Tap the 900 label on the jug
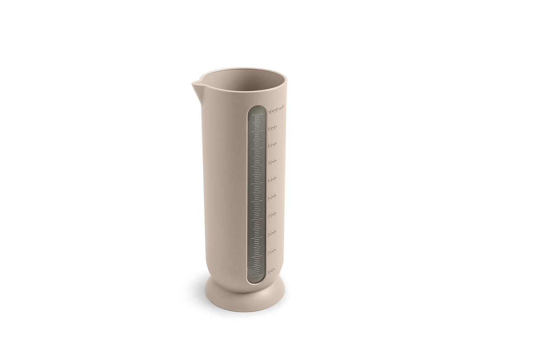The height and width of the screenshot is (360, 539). point(273,127)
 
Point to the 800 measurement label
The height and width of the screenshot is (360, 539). point(273,144)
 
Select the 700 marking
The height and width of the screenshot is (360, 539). point(273,162)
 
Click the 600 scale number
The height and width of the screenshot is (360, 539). point(273,179)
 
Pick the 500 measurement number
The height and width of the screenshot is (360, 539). point(273,196)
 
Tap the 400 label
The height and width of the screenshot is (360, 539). point(273,214)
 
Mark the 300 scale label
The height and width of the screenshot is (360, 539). point(273,233)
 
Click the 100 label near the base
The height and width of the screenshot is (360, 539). point(272,269)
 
